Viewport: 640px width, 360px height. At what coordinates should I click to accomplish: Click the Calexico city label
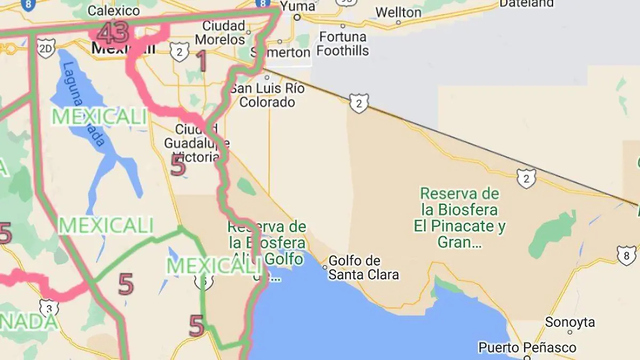(114, 10)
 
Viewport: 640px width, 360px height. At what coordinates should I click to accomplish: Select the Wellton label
(398, 12)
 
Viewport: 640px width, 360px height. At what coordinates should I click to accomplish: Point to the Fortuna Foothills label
(342, 44)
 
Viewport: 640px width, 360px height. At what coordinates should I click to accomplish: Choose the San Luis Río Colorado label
(267, 95)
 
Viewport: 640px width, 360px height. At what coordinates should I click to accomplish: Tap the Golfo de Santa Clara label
(363, 268)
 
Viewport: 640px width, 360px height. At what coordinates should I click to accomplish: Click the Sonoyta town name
(570, 322)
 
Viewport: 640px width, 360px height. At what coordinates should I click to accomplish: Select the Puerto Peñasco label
(527, 348)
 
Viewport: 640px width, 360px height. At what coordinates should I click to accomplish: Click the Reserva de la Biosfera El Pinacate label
(460, 218)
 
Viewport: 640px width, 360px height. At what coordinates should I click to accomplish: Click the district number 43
(113, 34)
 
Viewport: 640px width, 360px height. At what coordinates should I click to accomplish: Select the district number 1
(201, 61)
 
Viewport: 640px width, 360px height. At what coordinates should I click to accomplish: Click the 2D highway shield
(46, 49)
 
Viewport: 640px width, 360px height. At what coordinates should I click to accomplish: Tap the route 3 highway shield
(49, 308)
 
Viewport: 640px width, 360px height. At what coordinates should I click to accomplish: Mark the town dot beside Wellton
(398, 23)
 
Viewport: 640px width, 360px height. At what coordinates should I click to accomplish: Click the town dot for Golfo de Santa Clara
(324, 267)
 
